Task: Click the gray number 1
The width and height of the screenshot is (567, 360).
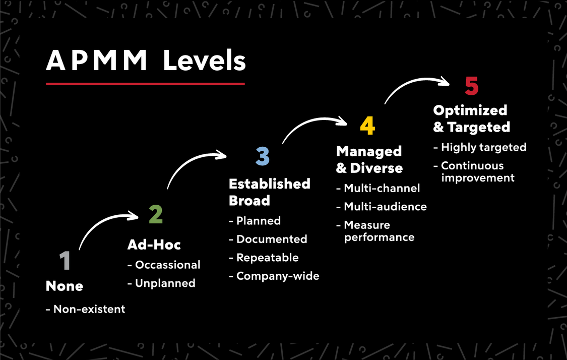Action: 65,261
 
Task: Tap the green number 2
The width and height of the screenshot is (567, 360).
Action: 156,214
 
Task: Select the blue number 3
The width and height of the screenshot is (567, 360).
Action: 263,156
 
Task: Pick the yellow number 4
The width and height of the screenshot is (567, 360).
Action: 367,126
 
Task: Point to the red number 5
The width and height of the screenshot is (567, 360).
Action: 471,86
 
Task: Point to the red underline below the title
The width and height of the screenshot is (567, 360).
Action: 145,84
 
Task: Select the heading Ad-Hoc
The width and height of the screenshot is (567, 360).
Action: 154,245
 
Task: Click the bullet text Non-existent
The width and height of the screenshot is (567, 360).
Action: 89,309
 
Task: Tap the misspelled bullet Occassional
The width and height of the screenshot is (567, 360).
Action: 167,265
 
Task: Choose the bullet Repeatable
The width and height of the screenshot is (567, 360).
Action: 267,258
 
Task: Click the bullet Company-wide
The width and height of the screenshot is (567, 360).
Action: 278,276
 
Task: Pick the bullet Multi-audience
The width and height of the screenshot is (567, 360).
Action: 385,207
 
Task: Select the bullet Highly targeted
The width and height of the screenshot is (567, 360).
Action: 483,147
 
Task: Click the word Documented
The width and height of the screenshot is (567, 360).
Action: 272,239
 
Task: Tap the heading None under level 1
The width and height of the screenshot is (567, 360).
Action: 65,286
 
